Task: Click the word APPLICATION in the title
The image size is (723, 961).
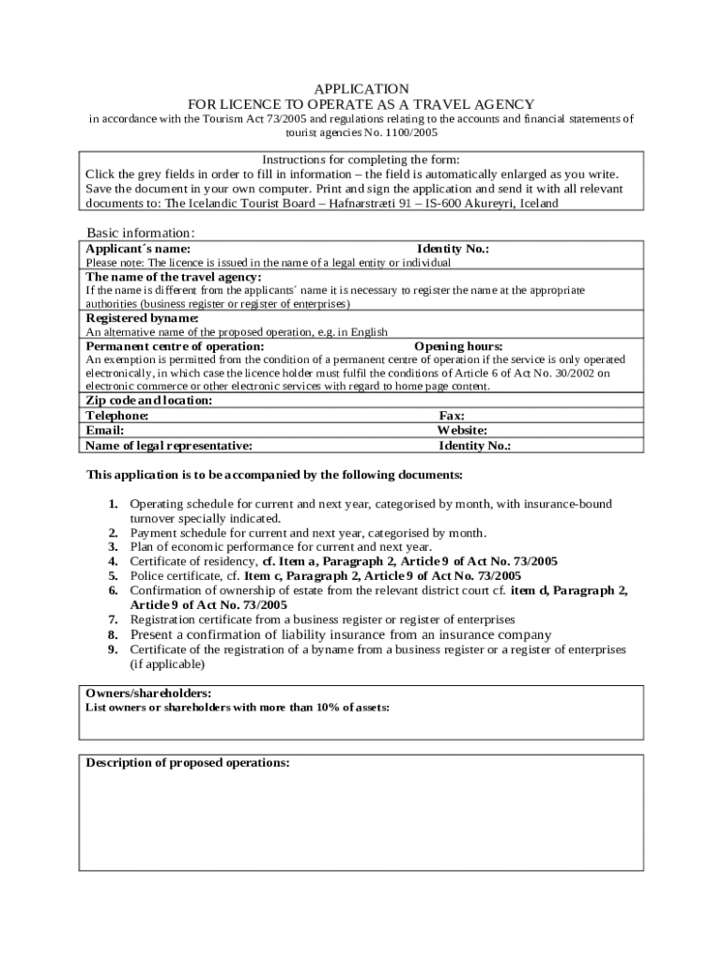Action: click(x=361, y=89)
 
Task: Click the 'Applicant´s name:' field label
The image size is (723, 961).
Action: click(x=138, y=250)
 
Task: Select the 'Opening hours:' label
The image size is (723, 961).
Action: click(x=458, y=346)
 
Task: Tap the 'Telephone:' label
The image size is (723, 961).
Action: click(x=117, y=415)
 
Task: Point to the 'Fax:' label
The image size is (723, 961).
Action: click(x=452, y=415)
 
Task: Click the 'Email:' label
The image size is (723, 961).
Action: click(x=105, y=430)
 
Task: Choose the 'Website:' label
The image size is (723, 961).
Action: click(x=462, y=430)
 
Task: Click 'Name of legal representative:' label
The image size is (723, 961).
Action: click(x=169, y=446)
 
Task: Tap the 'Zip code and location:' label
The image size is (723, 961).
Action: click(x=149, y=400)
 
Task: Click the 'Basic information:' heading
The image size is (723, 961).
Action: click(x=141, y=233)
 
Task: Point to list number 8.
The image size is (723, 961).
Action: click(x=113, y=635)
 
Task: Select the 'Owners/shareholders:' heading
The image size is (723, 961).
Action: click(x=148, y=693)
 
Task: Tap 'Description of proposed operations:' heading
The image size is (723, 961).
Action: click(x=188, y=763)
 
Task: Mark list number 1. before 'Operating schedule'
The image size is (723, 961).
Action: click(x=113, y=504)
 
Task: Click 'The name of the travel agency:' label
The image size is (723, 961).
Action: click(x=174, y=277)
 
